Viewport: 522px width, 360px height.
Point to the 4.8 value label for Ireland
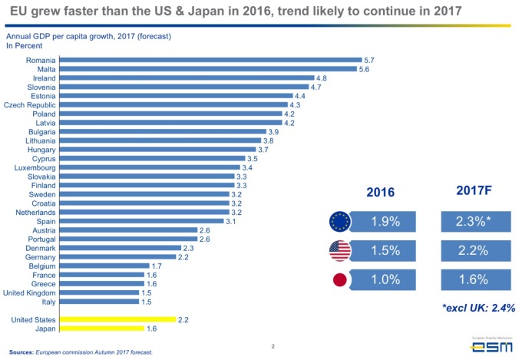point(322,78)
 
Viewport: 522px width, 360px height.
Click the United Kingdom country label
point(29,292)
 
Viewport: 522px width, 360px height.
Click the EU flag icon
point(341,223)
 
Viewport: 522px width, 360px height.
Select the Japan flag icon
point(341,279)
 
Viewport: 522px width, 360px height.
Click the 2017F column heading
point(475,190)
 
